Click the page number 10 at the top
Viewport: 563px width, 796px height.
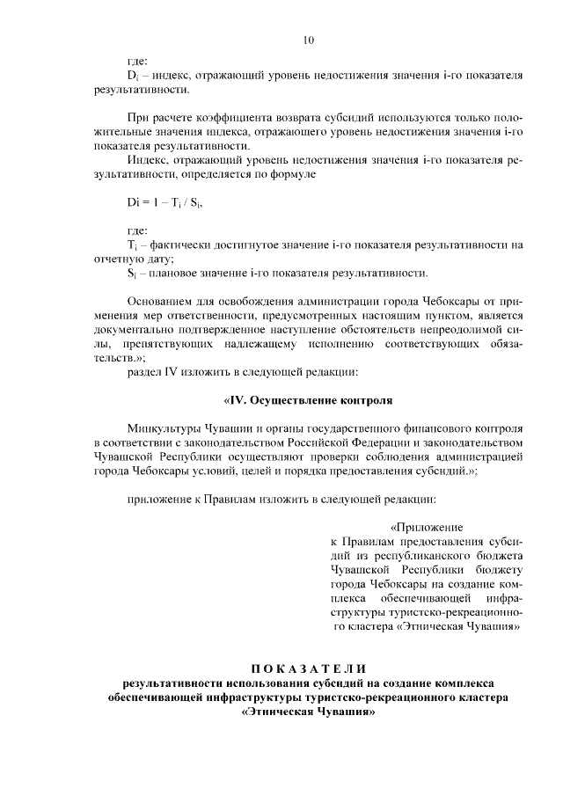click(x=308, y=40)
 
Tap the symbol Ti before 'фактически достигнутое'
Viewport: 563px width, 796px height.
click(x=132, y=244)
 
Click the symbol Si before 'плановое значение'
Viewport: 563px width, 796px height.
click(x=132, y=273)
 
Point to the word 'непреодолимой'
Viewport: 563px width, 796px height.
click(x=466, y=330)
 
